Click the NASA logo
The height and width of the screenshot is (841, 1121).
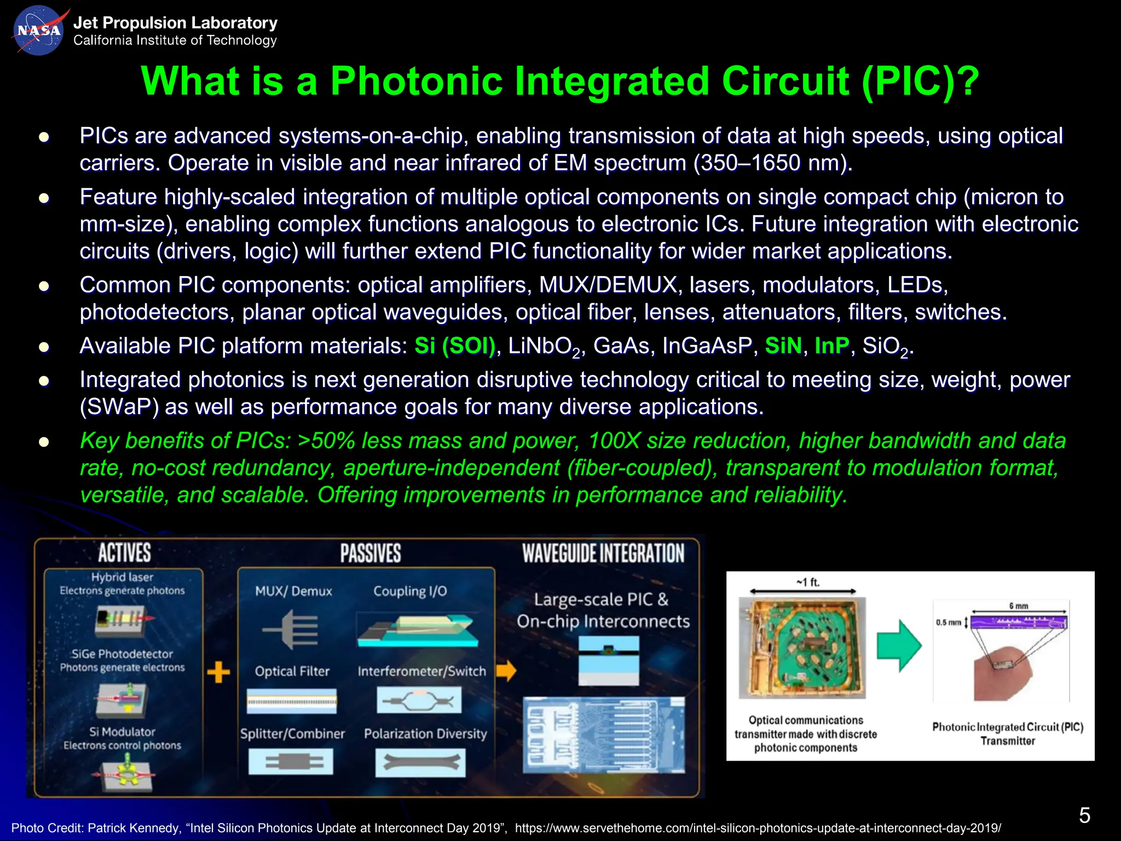[x=37, y=31]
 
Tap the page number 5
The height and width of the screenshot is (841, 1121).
[x=1084, y=815]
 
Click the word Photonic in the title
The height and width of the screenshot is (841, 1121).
[x=416, y=81]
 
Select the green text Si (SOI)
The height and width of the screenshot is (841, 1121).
[x=455, y=346]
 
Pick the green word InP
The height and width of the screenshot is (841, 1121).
[x=832, y=346]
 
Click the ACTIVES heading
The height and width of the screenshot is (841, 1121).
[x=124, y=553]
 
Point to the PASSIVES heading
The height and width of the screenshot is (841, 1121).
[x=371, y=554]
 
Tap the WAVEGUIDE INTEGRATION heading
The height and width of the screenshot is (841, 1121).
[x=603, y=554]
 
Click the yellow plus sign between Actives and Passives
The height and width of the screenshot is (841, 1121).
[x=218, y=672]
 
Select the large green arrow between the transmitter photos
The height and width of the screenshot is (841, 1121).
[x=899, y=646]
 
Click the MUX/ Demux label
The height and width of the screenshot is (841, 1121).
[x=293, y=591]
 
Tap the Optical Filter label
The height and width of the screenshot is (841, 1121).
[x=292, y=671]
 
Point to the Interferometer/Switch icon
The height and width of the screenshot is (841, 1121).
[x=419, y=701]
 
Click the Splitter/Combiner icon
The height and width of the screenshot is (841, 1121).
[x=291, y=762]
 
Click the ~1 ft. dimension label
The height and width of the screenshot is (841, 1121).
[x=808, y=582]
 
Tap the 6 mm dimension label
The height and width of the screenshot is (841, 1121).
[x=1019, y=606]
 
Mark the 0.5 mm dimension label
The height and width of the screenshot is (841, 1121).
[x=948, y=623]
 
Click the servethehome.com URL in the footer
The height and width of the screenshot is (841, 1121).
[x=758, y=828]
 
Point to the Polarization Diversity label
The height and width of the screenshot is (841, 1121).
[x=425, y=734]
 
